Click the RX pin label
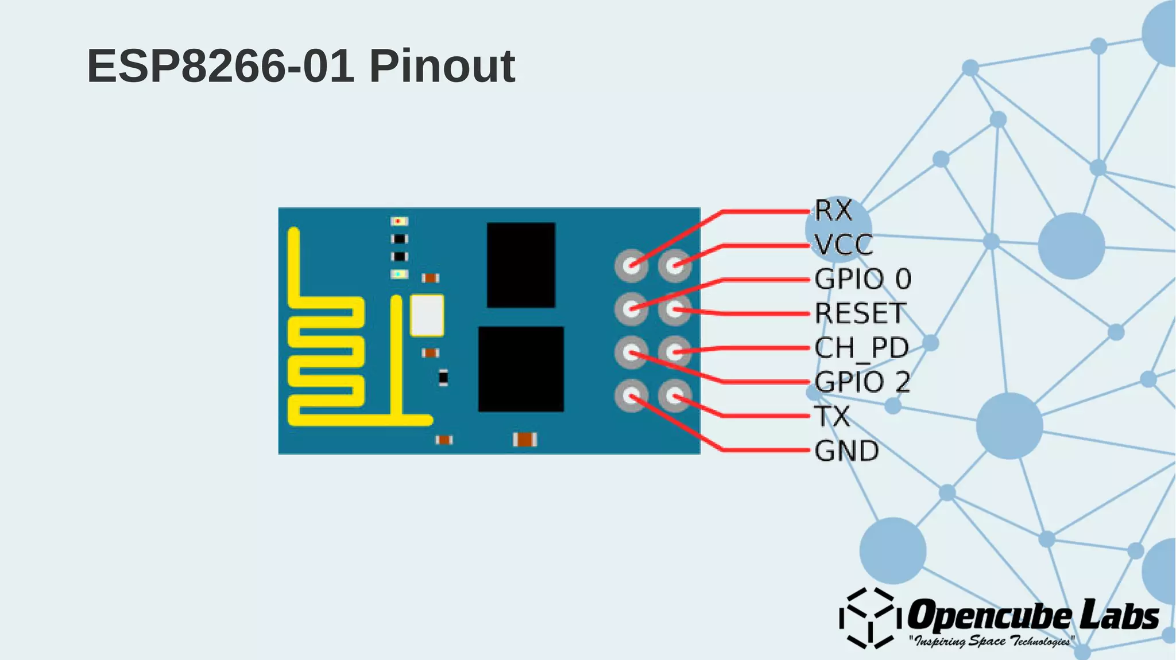(x=833, y=211)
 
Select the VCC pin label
(x=843, y=245)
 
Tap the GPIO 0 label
(x=862, y=279)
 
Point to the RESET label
(x=860, y=314)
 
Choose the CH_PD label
(x=861, y=348)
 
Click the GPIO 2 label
(x=862, y=382)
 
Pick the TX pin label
(x=831, y=417)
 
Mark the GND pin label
(x=846, y=451)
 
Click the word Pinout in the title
(x=442, y=66)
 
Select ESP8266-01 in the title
(x=220, y=66)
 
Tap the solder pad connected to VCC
(x=675, y=266)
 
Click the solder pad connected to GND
(x=631, y=396)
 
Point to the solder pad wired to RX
(x=631, y=266)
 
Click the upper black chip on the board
(x=521, y=265)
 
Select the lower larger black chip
(x=521, y=369)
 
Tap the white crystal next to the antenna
(x=427, y=315)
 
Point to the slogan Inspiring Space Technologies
(x=991, y=641)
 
